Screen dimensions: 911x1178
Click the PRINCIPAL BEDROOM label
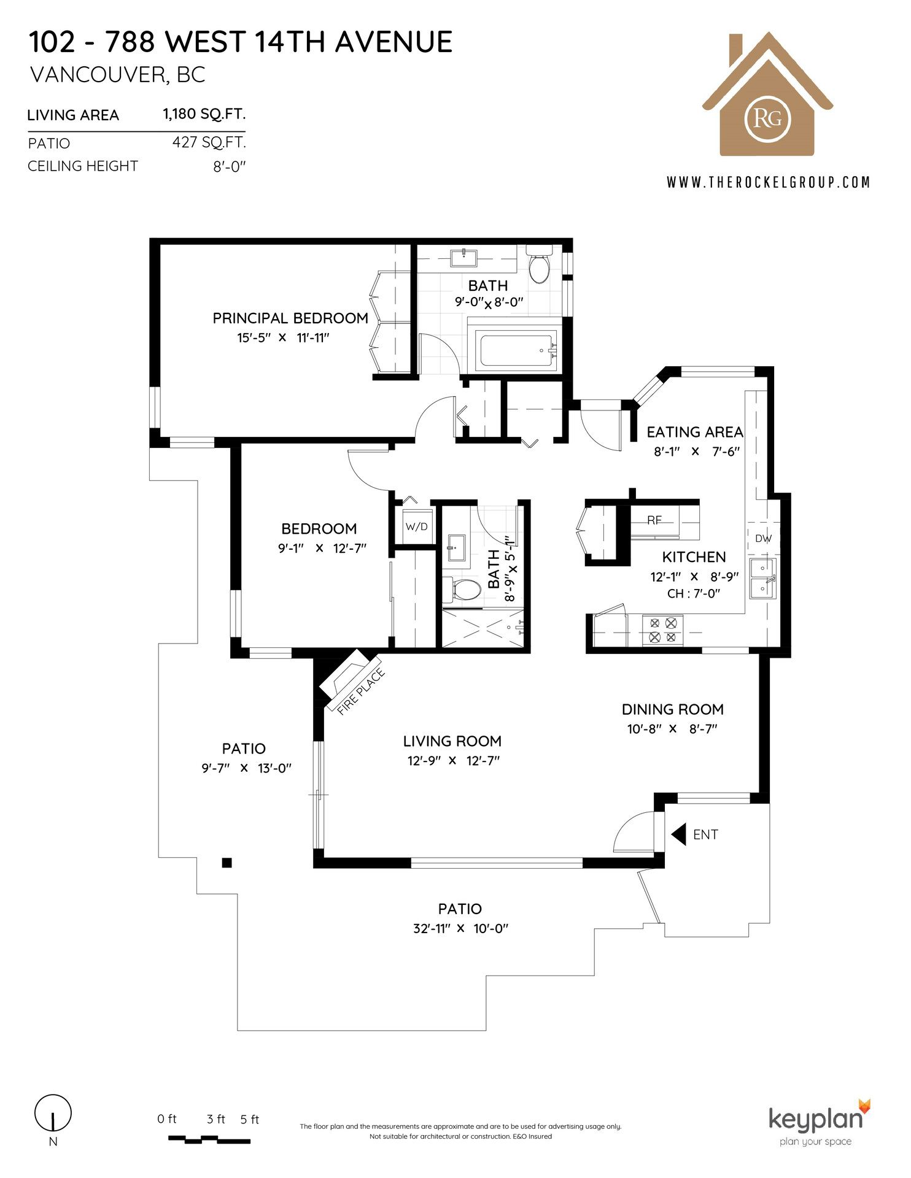coord(290,318)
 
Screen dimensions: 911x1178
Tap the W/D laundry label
coord(416,526)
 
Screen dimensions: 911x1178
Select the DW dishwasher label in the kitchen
coord(763,539)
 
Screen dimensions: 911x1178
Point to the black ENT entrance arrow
coord(678,834)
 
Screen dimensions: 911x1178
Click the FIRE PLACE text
coord(362,691)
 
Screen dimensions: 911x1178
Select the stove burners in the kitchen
coord(662,630)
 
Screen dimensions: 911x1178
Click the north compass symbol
coord(53,1113)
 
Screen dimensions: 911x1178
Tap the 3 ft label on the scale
coord(216,1119)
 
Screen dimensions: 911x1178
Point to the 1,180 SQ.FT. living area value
coord(204,114)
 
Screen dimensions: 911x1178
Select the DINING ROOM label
coord(673,709)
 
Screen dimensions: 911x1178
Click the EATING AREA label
coord(695,432)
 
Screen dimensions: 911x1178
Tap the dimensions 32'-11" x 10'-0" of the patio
coord(460,928)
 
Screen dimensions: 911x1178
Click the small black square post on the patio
coord(227,863)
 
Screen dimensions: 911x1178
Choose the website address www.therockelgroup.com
coord(769,182)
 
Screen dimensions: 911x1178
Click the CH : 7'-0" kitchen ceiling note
coord(694,593)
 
